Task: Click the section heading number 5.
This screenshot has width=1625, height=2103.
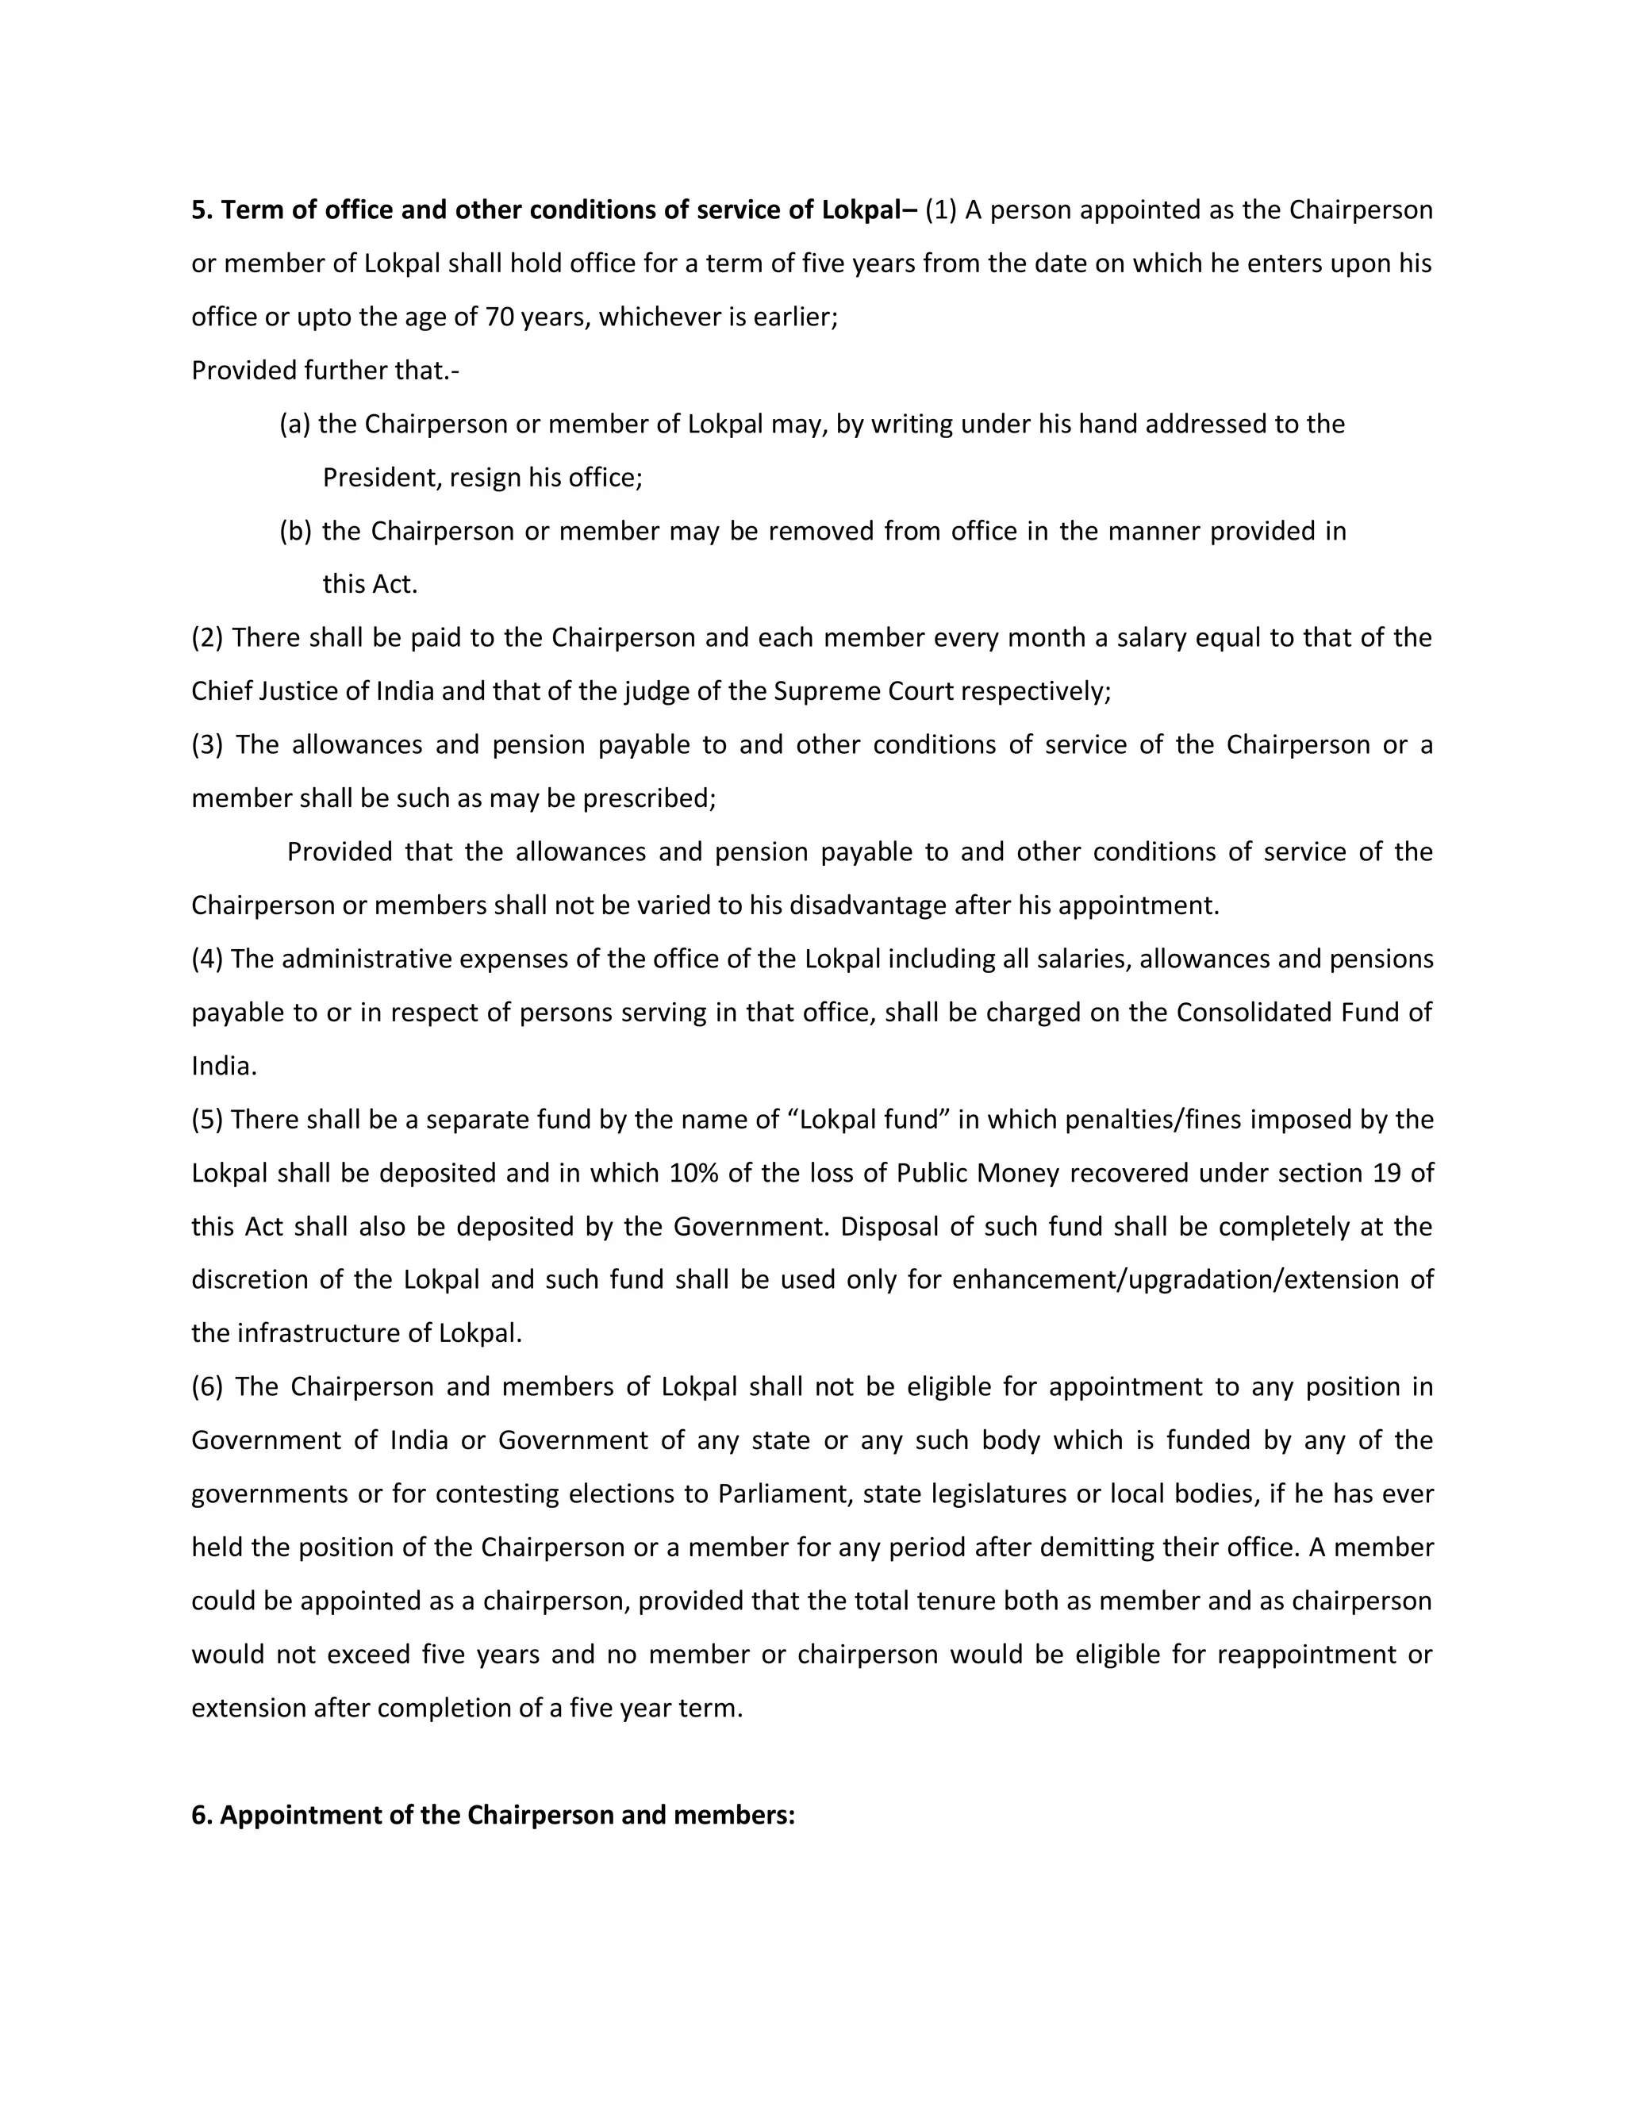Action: tap(200, 211)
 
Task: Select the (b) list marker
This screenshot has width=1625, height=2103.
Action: tap(295, 532)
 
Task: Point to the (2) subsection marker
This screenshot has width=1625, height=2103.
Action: tap(207, 638)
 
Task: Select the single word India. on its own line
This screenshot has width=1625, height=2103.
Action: tap(223, 1066)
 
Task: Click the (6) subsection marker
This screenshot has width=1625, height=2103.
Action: tap(207, 1387)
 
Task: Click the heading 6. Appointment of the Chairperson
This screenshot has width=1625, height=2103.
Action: tap(493, 1815)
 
